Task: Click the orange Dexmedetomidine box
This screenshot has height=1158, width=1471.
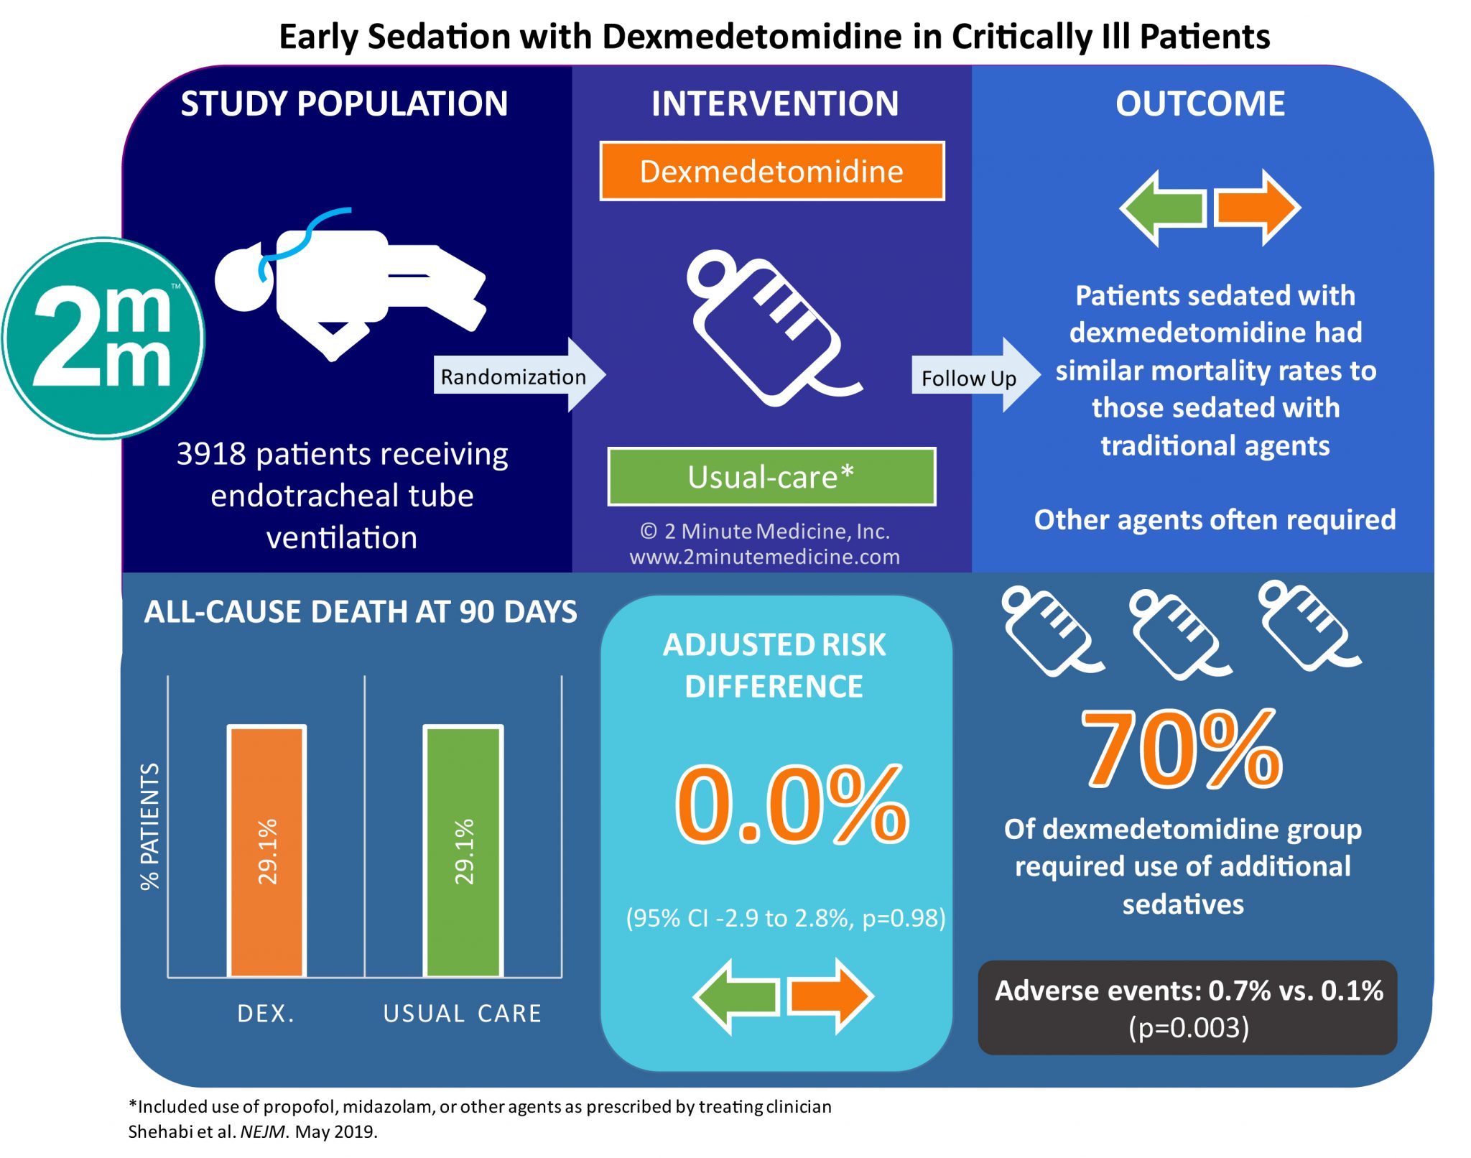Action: pos(772,171)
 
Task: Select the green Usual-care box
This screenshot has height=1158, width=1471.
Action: pos(772,477)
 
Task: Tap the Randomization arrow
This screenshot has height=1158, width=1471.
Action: pos(520,375)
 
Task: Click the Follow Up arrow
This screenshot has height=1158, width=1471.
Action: pos(976,375)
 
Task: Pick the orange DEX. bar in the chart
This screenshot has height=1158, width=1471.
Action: pos(266,851)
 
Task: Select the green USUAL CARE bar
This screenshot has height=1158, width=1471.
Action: pos(463,851)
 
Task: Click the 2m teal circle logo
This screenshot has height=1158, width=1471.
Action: pos(103,338)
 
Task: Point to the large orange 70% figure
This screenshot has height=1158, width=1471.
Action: pos(1182,749)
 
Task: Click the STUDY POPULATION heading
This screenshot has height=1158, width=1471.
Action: pos(344,103)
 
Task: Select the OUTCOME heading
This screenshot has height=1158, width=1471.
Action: pos(1200,103)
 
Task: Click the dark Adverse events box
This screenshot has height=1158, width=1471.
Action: pos(1188,1008)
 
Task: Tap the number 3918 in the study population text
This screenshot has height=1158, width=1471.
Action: pos(211,454)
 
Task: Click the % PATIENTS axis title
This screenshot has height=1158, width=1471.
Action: pos(149,827)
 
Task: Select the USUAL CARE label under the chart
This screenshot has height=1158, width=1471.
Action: pos(463,1014)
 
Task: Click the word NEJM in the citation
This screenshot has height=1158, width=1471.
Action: pos(263,1132)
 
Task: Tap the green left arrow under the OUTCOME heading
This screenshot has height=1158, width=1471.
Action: pos(1163,208)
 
